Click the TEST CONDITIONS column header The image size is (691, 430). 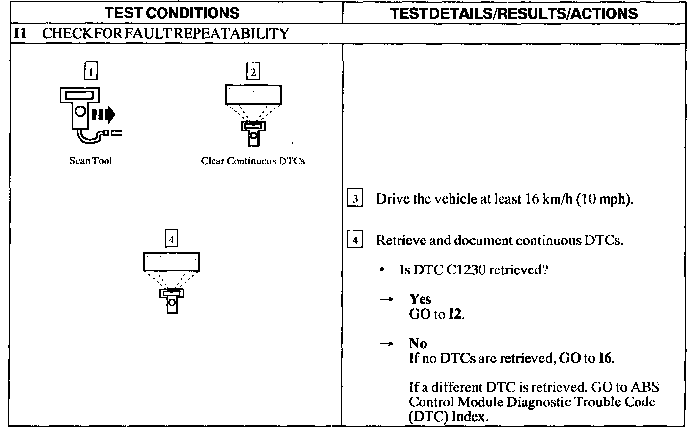point(172,13)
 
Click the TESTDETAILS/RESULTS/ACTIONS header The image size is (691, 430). point(514,13)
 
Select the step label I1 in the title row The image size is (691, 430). point(19,33)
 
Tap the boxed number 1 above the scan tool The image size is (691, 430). point(91,72)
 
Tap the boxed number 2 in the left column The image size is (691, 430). point(253,72)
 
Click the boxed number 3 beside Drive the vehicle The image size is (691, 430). point(355,199)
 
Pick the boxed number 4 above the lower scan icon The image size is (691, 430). point(171,239)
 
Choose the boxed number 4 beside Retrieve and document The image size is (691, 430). point(355,241)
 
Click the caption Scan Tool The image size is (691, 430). point(90,161)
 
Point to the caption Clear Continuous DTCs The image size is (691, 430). point(253,161)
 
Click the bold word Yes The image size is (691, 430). point(420,299)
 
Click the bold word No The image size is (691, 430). point(418,343)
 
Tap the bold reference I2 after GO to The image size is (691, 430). point(455,314)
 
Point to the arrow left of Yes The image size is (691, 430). point(386,299)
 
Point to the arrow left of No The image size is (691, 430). point(386,344)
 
